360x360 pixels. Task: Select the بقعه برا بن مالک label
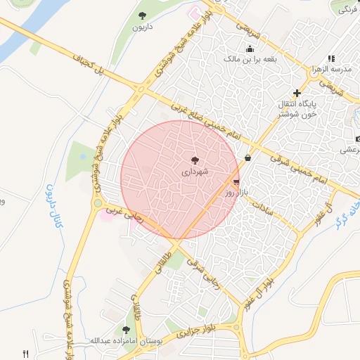click(249, 60)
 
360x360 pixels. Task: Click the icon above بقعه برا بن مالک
click(250, 49)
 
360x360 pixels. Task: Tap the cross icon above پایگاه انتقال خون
click(297, 93)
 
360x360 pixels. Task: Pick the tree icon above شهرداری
click(195, 160)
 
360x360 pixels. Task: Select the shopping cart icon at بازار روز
click(235, 181)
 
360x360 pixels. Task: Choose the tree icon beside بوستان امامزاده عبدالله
click(126, 329)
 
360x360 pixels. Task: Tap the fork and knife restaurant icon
click(26, 354)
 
